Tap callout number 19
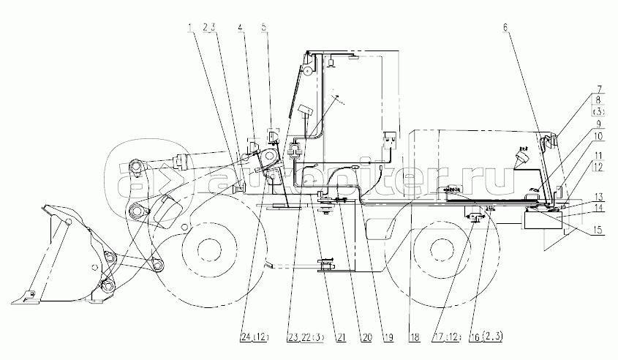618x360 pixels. (x=387, y=337)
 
